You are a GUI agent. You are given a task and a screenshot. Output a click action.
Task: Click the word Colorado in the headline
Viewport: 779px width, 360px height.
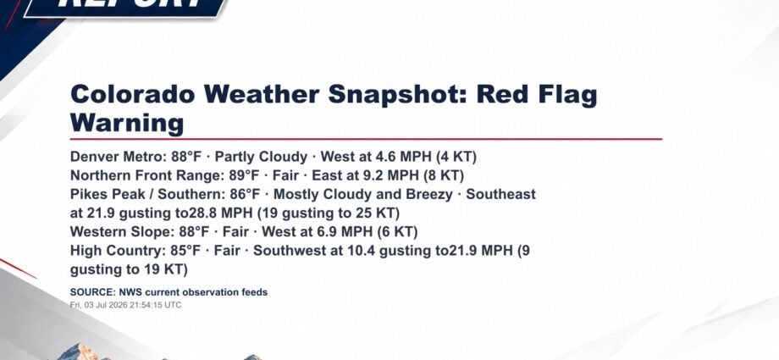[x=133, y=94]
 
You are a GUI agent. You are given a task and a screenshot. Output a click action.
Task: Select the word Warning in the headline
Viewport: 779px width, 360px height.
[x=127, y=123]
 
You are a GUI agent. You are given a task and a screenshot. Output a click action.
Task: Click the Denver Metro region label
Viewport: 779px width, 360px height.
[x=117, y=157]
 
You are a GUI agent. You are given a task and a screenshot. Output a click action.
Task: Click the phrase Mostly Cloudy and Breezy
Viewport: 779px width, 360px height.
[x=363, y=195]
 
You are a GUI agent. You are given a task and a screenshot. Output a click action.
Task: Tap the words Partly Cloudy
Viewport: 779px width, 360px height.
[x=262, y=158]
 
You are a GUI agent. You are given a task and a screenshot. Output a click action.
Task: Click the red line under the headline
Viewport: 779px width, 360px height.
[x=366, y=139]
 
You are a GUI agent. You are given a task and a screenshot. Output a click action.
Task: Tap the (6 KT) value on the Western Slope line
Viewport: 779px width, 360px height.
[x=397, y=232]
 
